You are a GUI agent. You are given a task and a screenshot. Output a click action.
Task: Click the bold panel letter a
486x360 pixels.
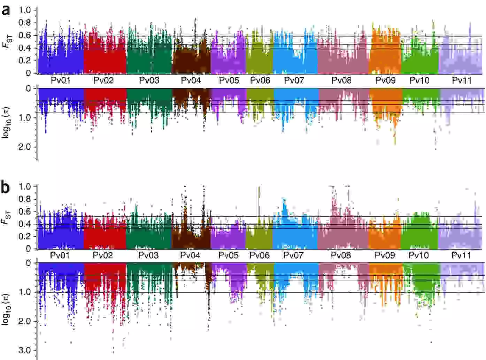(6, 10)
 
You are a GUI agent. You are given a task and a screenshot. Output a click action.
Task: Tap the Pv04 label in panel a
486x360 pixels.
(191, 81)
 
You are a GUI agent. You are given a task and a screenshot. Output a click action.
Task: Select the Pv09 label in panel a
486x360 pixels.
(386, 81)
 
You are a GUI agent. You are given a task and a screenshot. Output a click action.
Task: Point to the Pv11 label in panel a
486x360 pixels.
(462, 81)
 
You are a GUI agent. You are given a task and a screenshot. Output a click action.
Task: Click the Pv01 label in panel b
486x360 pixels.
(60, 255)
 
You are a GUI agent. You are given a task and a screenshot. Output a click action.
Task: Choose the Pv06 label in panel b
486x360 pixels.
(260, 255)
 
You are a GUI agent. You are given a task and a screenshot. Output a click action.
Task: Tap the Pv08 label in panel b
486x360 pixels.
(341, 255)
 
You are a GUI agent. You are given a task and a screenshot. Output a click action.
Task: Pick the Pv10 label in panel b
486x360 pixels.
(418, 255)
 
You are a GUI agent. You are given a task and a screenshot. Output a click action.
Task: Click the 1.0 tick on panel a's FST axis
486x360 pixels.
(25, 10)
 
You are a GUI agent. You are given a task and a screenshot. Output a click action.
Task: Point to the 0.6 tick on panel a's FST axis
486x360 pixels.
(25, 35)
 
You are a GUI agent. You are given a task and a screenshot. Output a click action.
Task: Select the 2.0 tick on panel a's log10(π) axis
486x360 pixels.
(25, 147)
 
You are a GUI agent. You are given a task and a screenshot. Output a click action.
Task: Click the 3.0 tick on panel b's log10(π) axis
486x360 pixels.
(25, 350)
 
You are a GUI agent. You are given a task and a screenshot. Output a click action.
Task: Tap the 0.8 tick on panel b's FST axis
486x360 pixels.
(25, 199)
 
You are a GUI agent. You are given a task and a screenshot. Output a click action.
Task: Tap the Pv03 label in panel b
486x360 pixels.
(148, 255)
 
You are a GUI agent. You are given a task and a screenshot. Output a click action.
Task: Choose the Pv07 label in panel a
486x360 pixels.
(294, 81)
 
